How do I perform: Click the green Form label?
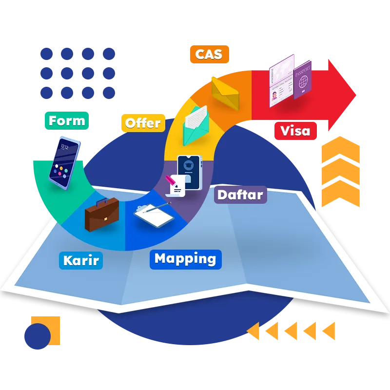click(x=67, y=121)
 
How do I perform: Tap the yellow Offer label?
click(x=142, y=123)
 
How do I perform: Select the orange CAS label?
click(x=209, y=54)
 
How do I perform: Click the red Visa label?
click(x=295, y=131)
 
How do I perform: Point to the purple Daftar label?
click(x=240, y=195)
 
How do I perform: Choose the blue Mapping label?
click(x=185, y=259)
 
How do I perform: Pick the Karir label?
click(x=81, y=260)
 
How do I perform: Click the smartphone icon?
click(x=64, y=162)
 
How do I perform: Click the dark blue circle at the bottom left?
click(x=37, y=336)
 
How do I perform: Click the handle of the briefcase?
click(x=101, y=201)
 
